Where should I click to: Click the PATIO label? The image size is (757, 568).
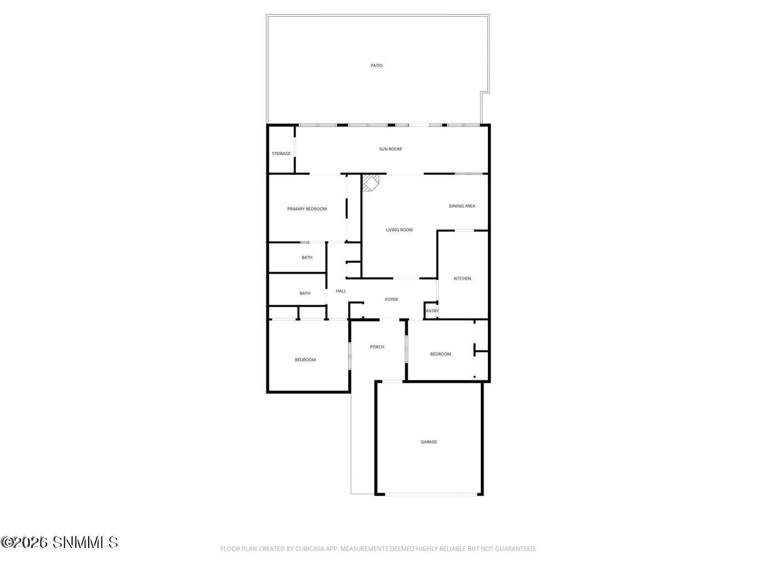(376, 65)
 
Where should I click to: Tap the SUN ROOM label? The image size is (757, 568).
(390, 149)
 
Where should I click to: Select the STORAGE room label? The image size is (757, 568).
(281, 154)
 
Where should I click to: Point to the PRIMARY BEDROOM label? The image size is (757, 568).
(307, 209)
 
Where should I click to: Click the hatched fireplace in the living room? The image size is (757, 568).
(370, 182)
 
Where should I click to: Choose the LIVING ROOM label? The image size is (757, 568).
(399, 230)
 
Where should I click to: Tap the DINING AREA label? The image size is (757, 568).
(462, 206)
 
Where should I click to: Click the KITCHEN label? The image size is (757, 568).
(462, 278)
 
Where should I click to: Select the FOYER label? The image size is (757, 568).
(392, 300)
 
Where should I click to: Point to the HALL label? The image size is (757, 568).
(341, 291)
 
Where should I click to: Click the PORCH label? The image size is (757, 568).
(377, 347)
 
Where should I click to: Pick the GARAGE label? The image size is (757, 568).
(429, 442)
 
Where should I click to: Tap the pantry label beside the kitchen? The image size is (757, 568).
(432, 311)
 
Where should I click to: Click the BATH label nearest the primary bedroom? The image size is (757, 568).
(307, 257)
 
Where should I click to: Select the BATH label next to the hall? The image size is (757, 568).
(305, 293)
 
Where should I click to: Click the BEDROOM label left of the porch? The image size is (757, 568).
(305, 359)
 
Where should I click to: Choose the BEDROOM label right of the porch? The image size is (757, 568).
(440, 354)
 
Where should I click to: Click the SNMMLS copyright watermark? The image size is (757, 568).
(59, 542)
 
